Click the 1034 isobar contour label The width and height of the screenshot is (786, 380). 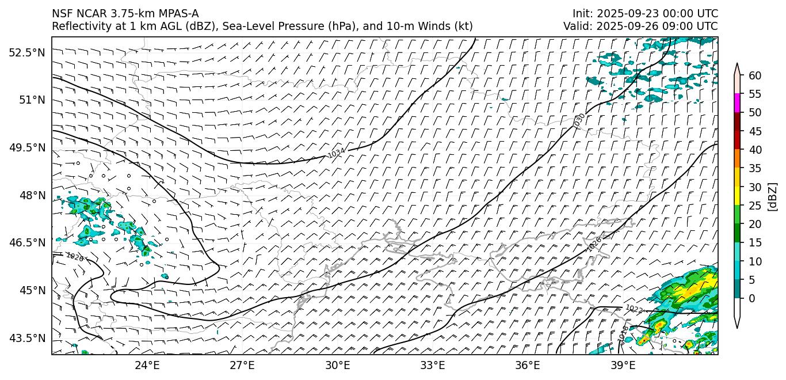coord(337,153)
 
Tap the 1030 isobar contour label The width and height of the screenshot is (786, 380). coord(579,120)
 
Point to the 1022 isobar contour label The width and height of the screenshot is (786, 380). coord(634,309)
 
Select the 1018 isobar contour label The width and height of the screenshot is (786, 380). coord(624,333)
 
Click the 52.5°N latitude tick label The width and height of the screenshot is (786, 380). coord(26,52)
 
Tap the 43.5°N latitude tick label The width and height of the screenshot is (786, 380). coord(26,338)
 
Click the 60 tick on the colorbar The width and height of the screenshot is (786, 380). coord(755,75)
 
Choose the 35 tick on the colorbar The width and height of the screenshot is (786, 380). coord(755,168)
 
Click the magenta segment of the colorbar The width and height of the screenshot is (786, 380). coord(737,103)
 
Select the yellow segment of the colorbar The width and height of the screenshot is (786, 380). coord(737,196)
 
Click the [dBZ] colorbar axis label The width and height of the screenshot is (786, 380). coord(773,196)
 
